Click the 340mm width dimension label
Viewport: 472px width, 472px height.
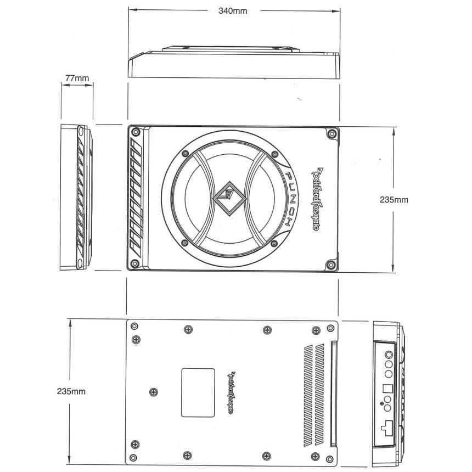point(233,12)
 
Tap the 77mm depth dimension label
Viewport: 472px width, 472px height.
point(76,78)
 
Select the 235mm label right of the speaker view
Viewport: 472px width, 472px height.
point(394,200)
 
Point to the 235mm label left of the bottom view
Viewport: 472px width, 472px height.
point(71,391)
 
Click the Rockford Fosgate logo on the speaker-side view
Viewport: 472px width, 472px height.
point(316,199)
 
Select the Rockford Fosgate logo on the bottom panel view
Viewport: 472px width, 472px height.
point(231,392)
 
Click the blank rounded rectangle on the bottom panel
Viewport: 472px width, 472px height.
point(198,392)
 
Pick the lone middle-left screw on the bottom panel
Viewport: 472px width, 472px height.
point(153,391)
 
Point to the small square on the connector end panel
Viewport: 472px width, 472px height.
point(387,386)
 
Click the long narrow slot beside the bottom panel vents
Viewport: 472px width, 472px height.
point(333,392)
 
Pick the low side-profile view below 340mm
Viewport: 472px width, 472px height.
point(234,63)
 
